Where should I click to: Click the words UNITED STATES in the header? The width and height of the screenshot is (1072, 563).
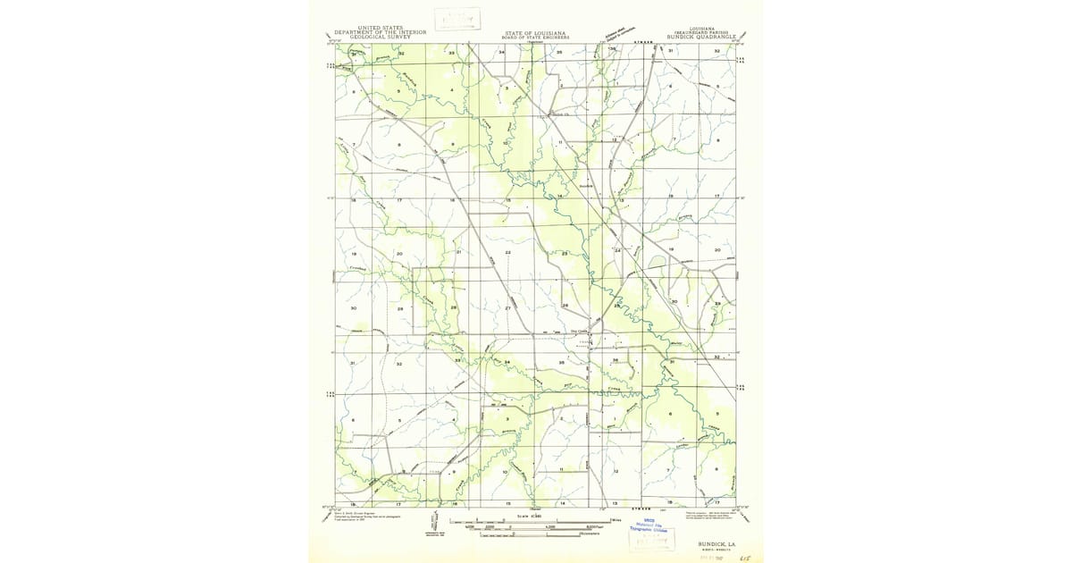tap(380, 28)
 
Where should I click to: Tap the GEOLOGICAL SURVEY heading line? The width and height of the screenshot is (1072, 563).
tap(380, 37)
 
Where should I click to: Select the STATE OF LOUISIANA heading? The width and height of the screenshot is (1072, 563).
tap(535, 32)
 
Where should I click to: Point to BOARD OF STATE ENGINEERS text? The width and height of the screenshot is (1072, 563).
tap(535, 38)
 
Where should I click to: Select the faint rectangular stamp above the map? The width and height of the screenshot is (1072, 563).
tap(457, 19)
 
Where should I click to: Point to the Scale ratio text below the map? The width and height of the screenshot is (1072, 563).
tap(531, 517)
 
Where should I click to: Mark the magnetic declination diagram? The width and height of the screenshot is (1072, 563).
tap(435, 525)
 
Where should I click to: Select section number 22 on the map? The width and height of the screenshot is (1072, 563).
tap(507, 253)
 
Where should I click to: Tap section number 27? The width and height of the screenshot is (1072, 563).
tap(507, 308)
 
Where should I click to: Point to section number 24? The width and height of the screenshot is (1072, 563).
tap(617, 251)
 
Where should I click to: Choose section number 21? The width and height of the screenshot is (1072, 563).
tap(458, 252)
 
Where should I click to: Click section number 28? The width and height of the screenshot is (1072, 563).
tap(453, 308)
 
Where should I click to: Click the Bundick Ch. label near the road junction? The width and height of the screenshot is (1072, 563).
tap(559, 114)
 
